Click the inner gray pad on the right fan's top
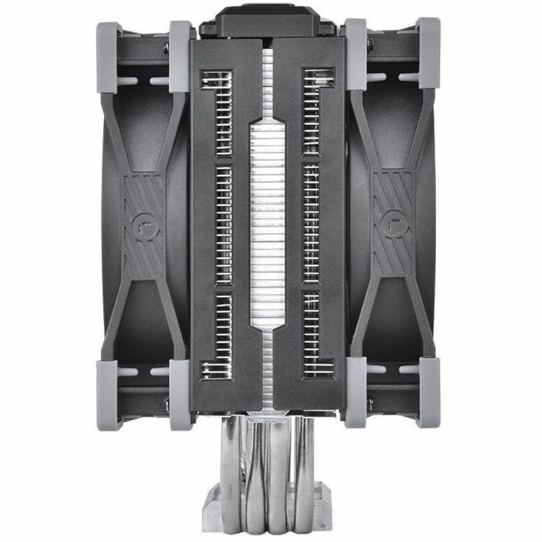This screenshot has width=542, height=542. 356,54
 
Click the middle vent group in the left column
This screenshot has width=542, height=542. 221,224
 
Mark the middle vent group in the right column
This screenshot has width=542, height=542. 309,224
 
